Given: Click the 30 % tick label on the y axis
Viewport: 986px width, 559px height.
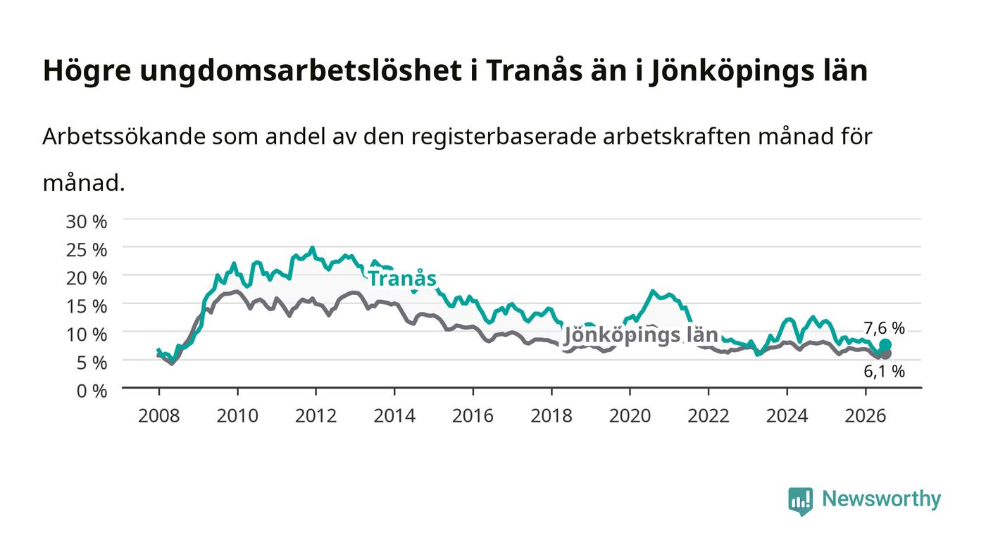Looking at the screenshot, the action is (86, 222).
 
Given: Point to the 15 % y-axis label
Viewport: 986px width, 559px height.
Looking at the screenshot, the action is (86, 306).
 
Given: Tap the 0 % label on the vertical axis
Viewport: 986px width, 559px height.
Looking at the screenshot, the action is (92, 391).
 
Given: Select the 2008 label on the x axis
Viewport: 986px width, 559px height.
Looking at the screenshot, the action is (159, 415).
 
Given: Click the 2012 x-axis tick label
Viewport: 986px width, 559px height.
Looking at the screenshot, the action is (316, 415).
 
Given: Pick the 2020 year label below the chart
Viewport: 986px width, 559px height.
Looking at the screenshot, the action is (630, 415).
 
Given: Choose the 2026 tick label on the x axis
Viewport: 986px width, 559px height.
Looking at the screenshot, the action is (866, 415).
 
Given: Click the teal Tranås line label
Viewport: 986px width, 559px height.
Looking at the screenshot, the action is (402, 279).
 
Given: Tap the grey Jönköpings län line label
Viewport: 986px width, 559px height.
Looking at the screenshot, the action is (641, 335).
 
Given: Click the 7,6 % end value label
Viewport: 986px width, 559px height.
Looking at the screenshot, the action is (884, 328).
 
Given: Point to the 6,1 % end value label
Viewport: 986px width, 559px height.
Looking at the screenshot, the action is (884, 371).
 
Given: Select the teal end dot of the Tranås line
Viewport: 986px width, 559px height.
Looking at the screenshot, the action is (885, 345).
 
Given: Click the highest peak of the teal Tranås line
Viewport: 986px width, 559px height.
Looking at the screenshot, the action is (313, 249).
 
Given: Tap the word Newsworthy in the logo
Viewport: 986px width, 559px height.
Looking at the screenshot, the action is (881, 499).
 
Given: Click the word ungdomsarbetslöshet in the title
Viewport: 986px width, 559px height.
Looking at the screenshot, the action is (301, 71).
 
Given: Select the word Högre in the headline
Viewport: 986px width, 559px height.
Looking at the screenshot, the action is (87, 71).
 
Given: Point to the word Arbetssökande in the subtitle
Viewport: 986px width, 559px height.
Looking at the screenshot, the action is (124, 137).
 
